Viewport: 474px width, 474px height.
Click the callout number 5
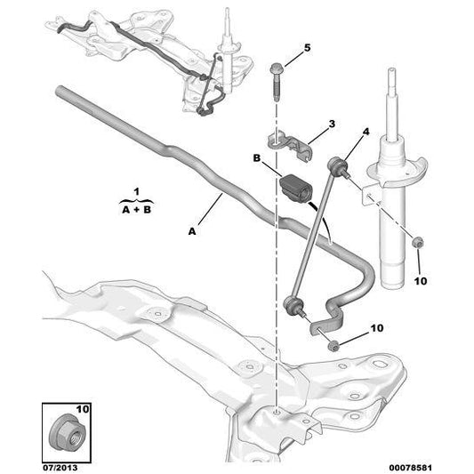click(x=308, y=47)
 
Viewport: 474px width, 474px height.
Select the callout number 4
click(x=364, y=133)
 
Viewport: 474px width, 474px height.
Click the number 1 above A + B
click(x=135, y=191)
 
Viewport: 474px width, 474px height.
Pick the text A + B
click(x=135, y=210)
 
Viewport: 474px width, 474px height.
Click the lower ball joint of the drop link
click(x=290, y=305)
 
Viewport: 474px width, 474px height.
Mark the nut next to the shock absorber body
click(x=418, y=241)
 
